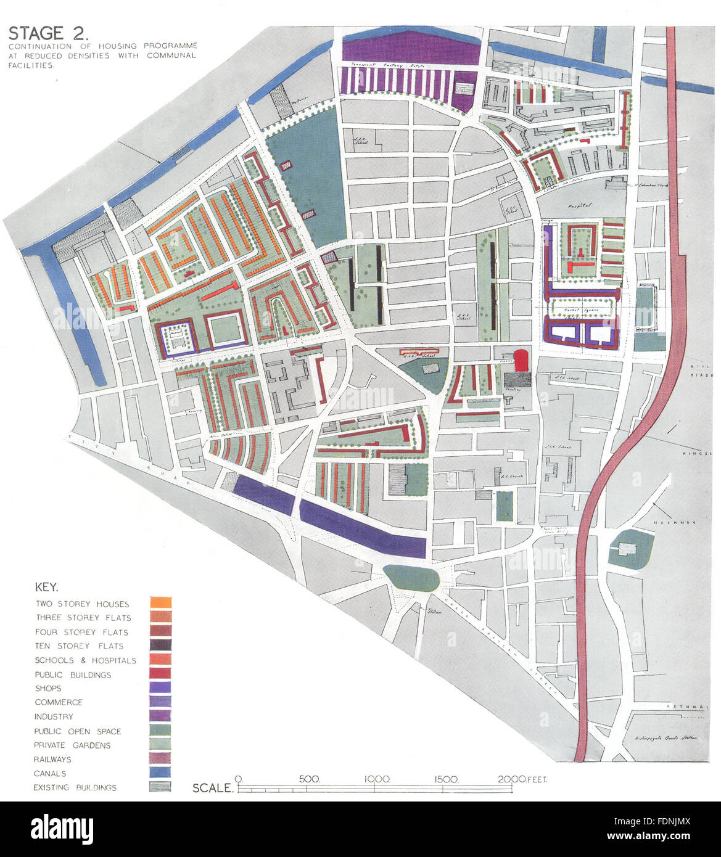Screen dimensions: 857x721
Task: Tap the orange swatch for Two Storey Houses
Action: tap(160, 603)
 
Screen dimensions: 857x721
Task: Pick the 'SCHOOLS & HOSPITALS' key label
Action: tap(85, 660)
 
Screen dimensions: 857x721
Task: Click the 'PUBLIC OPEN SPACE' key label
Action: tap(77, 731)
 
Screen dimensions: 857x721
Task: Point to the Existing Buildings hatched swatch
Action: tap(160, 787)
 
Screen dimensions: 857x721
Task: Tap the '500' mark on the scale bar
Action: tap(309, 779)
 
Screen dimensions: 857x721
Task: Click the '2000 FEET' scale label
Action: tap(522, 779)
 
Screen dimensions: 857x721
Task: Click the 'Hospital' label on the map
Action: tap(580, 205)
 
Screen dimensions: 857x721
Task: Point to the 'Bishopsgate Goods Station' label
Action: tap(664, 738)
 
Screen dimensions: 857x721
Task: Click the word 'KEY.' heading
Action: tap(46, 587)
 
